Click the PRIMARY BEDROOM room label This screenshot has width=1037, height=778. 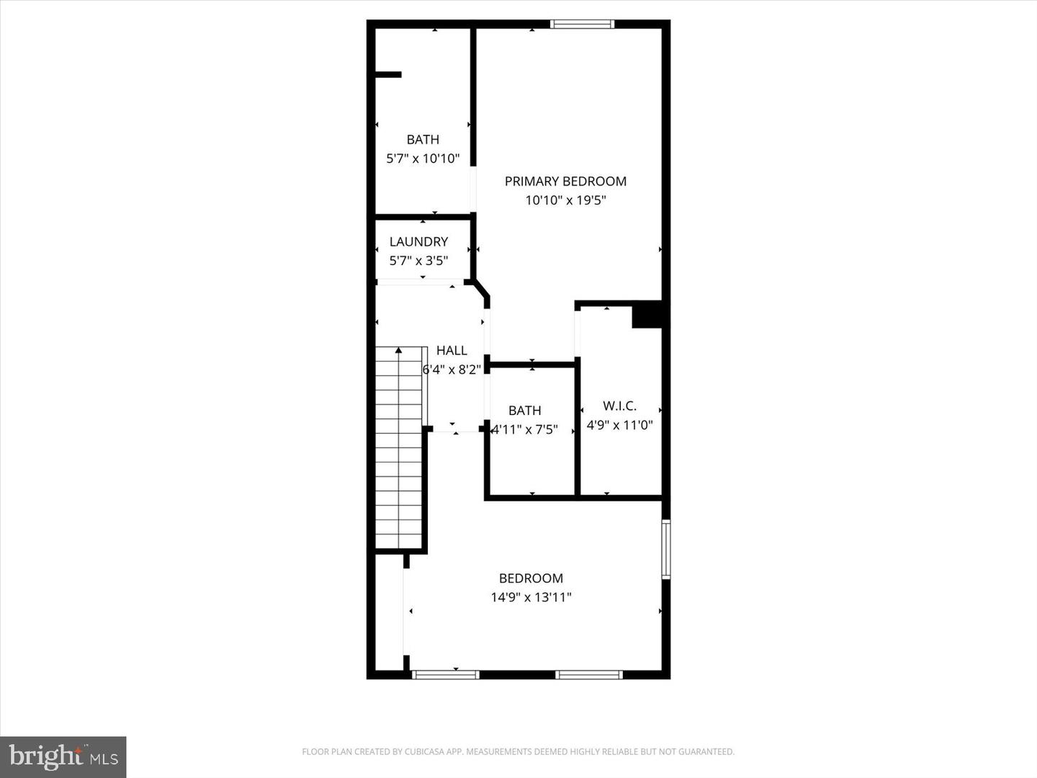point(565,182)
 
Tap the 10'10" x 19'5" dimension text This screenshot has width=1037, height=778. point(565,200)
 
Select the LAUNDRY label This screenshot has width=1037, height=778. point(418,242)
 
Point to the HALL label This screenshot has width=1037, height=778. point(452,351)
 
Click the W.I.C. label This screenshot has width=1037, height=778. point(619,406)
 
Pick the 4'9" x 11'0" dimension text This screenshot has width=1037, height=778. point(619,425)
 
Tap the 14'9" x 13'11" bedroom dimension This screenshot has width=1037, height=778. point(531,598)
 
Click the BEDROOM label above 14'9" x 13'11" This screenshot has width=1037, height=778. point(531,578)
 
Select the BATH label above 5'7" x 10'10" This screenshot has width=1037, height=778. point(423,140)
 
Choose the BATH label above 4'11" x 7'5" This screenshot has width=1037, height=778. point(525,411)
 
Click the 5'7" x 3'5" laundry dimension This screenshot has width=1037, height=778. point(418,261)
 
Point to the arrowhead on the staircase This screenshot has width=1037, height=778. point(399,350)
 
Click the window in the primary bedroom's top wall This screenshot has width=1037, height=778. point(583,24)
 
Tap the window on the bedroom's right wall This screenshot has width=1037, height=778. point(665,550)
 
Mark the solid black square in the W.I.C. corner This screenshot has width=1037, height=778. point(647,314)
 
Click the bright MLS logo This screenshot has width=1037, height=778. point(63,757)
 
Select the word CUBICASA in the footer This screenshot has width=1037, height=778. point(423,751)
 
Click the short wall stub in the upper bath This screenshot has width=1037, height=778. point(388,75)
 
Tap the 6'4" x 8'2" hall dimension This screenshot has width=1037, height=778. point(452,370)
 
